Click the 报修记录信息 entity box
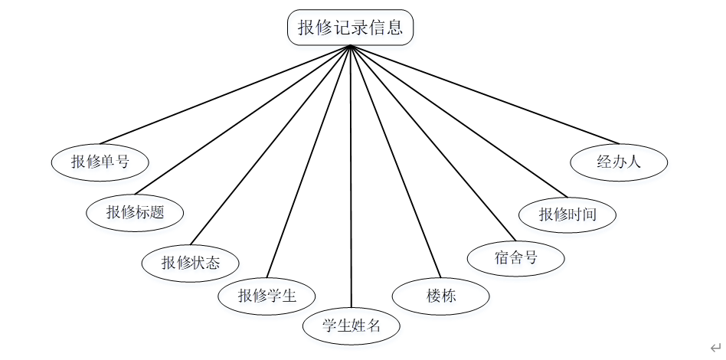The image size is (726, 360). point(350,29)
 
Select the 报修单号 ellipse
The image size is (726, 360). point(100,162)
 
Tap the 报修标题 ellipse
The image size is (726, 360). point(135,212)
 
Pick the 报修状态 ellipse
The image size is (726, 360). point(190,263)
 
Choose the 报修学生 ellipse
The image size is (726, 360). point(267,296)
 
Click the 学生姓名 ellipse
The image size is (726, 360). point(352,326)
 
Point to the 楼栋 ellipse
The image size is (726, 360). point(440,296)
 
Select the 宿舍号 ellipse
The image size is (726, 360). point(515,257)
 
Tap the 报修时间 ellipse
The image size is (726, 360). point(567,214)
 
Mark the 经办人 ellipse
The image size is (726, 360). point(619,162)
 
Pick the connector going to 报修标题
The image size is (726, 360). point(242,121)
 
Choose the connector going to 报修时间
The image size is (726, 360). point(458,121)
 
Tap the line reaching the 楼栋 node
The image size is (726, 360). point(395,161)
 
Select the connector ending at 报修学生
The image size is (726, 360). point(308,161)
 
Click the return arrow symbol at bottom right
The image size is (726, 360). point(714,347)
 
